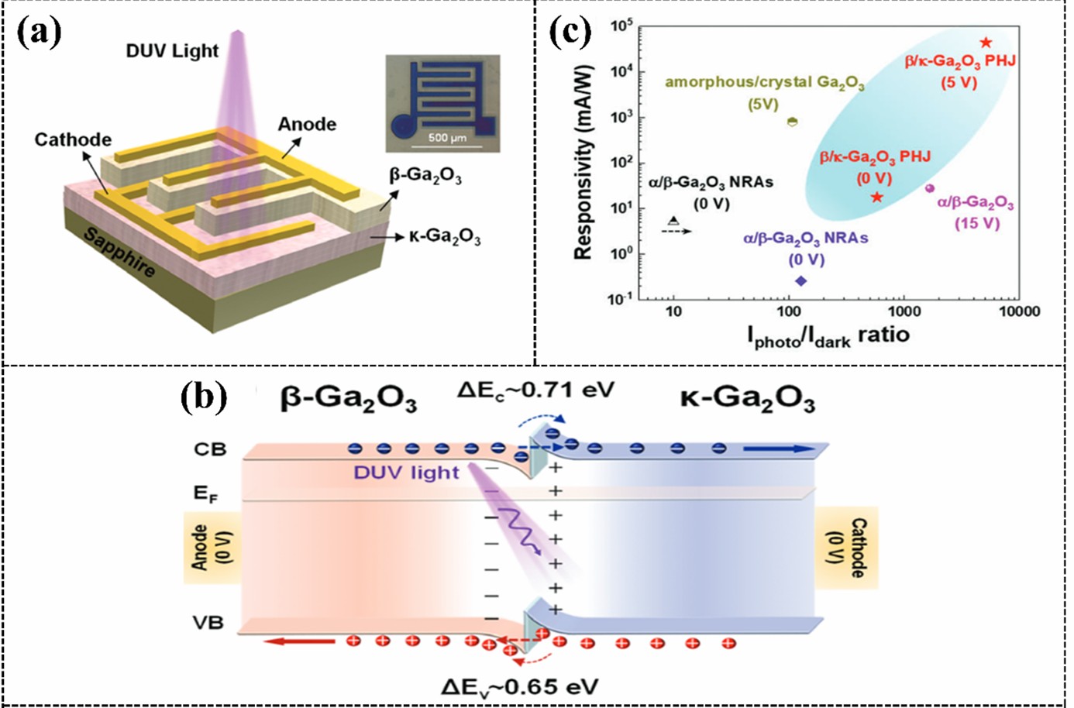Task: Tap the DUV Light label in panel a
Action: tap(172, 51)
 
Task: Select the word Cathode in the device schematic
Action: tap(73, 139)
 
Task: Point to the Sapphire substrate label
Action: tap(119, 253)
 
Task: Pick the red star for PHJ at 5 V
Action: tap(986, 43)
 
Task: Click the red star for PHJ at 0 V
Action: tap(876, 198)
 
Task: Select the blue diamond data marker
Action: tap(800, 280)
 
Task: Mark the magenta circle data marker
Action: tap(930, 188)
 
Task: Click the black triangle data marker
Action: tap(673, 222)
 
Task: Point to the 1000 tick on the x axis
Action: tap(904, 311)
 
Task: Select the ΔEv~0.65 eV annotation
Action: tap(519, 686)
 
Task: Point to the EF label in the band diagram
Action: tap(205, 493)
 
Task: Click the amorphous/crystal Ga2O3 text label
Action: tap(764, 83)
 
